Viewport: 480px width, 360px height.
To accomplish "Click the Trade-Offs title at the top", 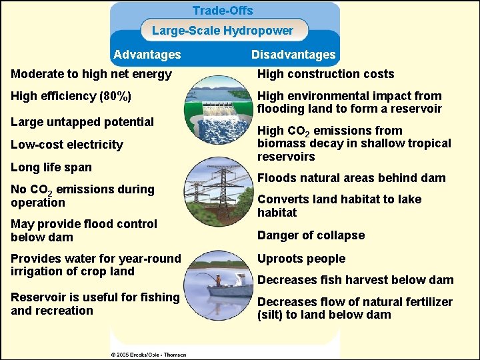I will (x=223, y=11).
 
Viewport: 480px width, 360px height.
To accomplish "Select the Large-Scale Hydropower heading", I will (x=223, y=31).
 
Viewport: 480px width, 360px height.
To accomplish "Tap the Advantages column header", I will (x=147, y=55).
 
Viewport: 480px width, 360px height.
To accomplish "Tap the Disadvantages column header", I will (x=293, y=55).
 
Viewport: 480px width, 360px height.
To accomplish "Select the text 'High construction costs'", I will (x=326, y=74).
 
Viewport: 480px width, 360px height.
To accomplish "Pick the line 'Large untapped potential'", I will (x=83, y=122).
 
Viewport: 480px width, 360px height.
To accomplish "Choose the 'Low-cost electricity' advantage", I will (x=67, y=145).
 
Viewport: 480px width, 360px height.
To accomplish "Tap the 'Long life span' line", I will (x=51, y=167).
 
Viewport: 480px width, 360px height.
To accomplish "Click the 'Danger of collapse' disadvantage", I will (x=311, y=235).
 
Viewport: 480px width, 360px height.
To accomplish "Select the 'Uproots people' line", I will (x=301, y=259).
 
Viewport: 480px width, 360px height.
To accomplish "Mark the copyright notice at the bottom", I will (x=149, y=355).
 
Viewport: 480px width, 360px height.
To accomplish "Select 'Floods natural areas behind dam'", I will (x=351, y=178).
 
